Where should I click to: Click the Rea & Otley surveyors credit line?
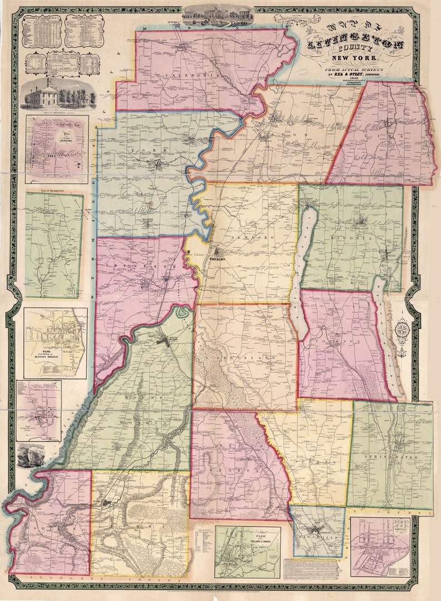355,74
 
